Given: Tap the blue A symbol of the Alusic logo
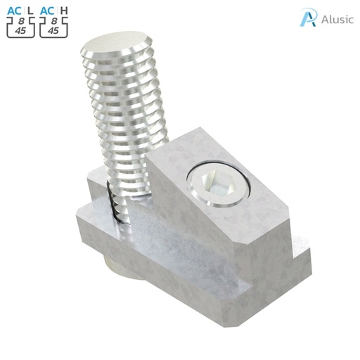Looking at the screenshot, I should [307, 18].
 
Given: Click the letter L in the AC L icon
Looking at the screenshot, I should [30, 10].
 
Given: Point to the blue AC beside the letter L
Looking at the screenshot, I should [14, 10].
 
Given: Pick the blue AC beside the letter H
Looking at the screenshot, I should [47, 10].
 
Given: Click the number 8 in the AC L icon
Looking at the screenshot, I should [20, 20].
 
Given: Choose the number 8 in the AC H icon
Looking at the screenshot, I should [54, 20].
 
